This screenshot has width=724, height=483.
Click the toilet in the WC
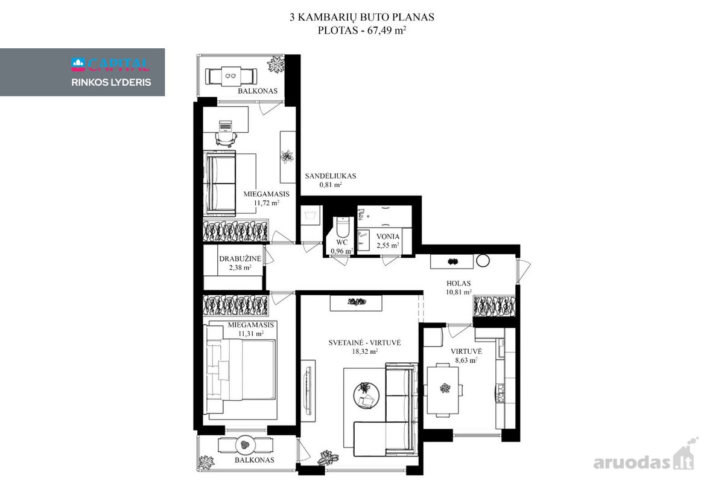[x=343, y=227]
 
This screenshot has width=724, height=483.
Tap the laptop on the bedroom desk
[x=225, y=125]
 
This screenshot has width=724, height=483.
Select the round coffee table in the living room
[x=366, y=395]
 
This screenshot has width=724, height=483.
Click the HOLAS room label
[x=459, y=283]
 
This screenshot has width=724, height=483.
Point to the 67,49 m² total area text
[x=386, y=30]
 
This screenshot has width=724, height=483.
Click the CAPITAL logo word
[x=118, y=65]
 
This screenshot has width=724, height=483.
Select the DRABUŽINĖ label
[x=240, y=259]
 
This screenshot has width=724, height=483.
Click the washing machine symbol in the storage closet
[x=310, y=215]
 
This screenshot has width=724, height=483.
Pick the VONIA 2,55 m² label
[x=387, y=241]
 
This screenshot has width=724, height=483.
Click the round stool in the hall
[x=483, y=260]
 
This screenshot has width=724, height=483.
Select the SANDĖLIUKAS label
[x=331, y=176]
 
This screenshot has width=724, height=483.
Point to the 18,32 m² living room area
[x=364, y=351]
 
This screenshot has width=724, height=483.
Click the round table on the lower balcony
[x=246, y=445]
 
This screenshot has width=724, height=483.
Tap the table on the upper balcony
[x=231, y=76]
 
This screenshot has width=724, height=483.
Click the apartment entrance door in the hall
[x=523, y=270]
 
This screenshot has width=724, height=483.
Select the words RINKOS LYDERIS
[x=111, y=83]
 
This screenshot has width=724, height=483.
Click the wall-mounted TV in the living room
[x=308, y=390]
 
